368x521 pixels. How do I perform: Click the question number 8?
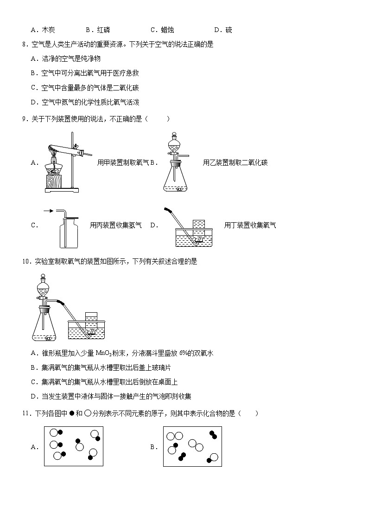click(25, 45)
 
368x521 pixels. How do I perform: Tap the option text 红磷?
click(104, 30)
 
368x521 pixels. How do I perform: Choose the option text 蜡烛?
click(167, 30)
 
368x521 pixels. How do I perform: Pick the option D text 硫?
click(228, 30)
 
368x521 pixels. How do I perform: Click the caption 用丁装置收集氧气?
click(250, 225)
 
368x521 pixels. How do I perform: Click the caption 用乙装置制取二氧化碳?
click(235, 162)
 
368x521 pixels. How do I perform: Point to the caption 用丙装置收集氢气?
click(116, 225)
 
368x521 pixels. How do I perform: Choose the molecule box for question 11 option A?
click(74, 446)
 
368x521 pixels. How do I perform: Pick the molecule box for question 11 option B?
click(192, 446)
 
